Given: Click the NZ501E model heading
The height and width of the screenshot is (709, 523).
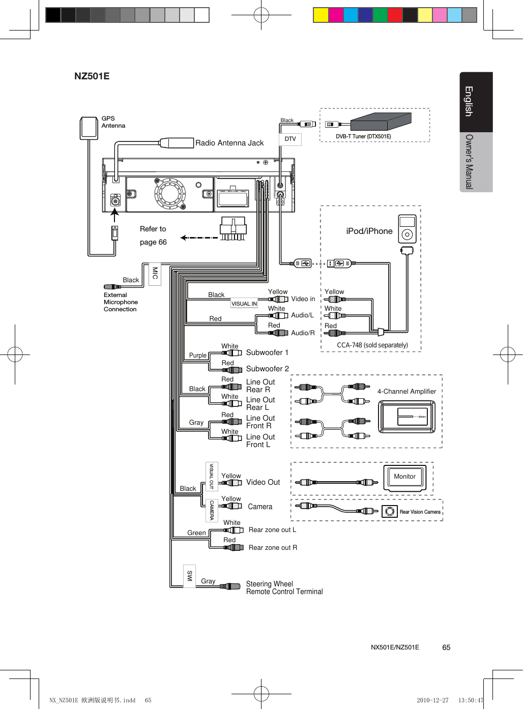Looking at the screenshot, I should tap(92, 76).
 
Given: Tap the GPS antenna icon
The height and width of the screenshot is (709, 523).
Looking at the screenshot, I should tap(89, 128).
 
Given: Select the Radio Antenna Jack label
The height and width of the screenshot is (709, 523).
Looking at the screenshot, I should tap(229, 143).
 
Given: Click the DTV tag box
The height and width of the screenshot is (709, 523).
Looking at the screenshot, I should tap(290, 139).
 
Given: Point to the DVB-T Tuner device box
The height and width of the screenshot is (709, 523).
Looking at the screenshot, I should tap(381, 122).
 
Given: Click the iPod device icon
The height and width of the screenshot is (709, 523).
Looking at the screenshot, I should tap(407, 229).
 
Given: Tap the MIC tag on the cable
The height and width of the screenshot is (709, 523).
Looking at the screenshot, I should tap(155, 274).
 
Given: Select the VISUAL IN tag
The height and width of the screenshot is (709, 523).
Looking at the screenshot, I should tap(244, 304).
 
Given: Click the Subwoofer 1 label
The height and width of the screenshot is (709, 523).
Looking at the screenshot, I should tap(267, 352).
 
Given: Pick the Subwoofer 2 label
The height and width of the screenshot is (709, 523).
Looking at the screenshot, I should tap(267, 369).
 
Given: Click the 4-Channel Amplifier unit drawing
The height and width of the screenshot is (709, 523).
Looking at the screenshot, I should tap(407, 417).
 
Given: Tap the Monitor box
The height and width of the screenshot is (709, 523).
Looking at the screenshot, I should tap(405, 477).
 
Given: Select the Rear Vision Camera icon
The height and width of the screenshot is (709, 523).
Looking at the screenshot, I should tap(390, 511).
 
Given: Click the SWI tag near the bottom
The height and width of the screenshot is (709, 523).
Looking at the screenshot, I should tap(189, 576).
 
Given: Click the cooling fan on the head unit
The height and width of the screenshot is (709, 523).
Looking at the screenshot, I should tap(170, 193).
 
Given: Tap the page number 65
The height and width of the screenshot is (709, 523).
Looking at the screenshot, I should tap(446, 647).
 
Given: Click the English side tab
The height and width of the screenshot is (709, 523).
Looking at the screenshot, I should tap(469, 102).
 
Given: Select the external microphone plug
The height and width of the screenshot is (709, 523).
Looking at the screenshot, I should tap(112, 287).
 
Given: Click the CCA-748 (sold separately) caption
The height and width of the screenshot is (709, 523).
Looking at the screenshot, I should tap(372, 345).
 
